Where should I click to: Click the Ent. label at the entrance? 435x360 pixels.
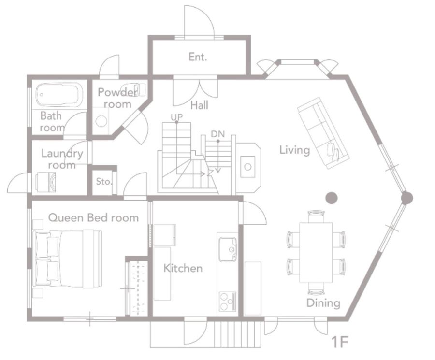[198, 57]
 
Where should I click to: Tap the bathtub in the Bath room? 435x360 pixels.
[59, 95]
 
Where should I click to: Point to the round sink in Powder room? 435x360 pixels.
[101, 121]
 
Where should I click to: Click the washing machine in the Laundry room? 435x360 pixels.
[46, 182]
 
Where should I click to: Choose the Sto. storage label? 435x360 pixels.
[104, 181]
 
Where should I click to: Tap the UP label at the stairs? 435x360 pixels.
[176, 117]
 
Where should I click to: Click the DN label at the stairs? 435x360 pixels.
[218, 134]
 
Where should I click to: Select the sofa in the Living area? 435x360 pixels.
[323, 133]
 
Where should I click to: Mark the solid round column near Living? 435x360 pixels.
[331, 198]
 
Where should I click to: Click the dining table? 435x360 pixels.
[316, 252]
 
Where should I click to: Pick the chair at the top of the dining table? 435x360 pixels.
[316, 216]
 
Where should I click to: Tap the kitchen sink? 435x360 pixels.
[228, 249]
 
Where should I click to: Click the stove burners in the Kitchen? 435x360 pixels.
[228, 301]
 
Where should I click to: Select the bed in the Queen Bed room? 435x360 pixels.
[67, 259]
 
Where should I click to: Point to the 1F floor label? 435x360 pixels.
[340, 342]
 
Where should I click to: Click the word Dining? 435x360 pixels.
[323, 303]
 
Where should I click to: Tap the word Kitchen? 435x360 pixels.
[183, 268]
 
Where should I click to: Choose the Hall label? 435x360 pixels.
[200, 105]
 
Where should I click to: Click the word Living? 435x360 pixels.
[295, 150]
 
